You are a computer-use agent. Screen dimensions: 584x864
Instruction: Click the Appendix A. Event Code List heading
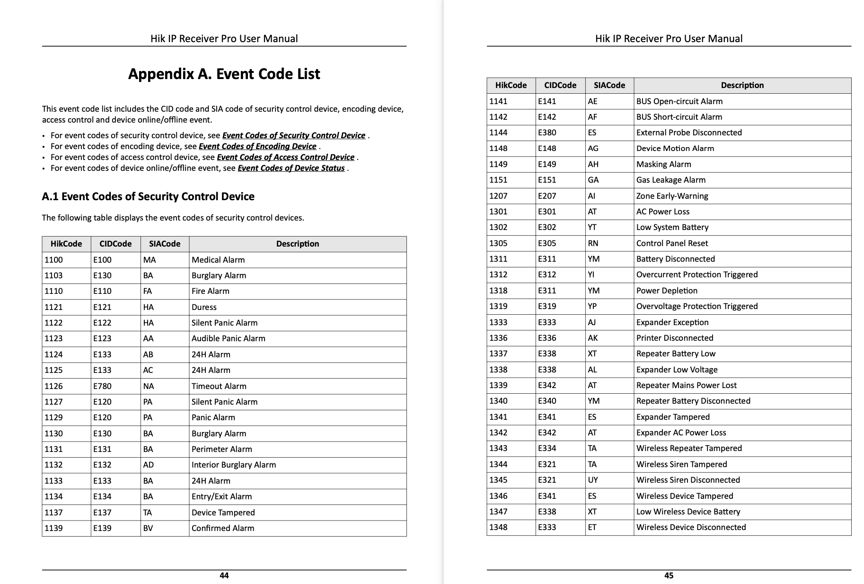pyautogui.click(x=224, y=74)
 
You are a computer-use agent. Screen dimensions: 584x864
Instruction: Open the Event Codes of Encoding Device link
pyautogui.click(x=257, y=146)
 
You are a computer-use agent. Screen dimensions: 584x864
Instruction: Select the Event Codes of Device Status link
pyautogui.click(x=291, y=168)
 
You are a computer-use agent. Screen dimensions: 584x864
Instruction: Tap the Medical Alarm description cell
pyautogui.click(x=218, y=260)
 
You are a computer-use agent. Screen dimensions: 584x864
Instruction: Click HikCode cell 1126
pyautogui.click(x=53, y=386)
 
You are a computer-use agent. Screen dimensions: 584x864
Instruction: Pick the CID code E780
pyautogui.click(x=102, y=386)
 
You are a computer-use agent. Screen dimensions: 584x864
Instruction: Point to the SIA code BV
pyautogui.click(x=148, y=528)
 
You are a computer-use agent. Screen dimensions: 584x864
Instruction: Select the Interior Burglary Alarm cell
pyautogui.click(x=234, y=465)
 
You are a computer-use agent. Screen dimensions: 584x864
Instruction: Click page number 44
pyautogui.click(x=224, y=575)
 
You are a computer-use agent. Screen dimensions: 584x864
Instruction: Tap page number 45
pyautogui.click(x=669, y=575)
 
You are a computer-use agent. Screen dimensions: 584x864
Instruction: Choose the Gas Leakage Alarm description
pyautogui.click(x=670, y=180)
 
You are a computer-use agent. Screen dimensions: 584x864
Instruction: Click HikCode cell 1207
pyautogui.click(x=498, y=196)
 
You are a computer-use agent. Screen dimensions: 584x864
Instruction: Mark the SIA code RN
pyautogui.click(x=593, y=243)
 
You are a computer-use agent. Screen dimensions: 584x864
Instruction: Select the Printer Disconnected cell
pyautogui.click(x=674, y=338)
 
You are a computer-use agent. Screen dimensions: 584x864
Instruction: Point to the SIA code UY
pyautogui.click(x=593, y=480)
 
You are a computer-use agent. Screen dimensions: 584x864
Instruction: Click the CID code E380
pyautogui.click(x=547, y=133)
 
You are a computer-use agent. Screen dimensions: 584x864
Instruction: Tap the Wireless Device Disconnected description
pyautogui.click(x=691, y=527)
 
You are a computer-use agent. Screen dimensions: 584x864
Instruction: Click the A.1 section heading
pyautogui.click(x=148, y=196)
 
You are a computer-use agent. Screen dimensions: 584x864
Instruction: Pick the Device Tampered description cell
pyautogui.click(x=223, y=513)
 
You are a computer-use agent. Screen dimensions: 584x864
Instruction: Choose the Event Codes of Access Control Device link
pyautogui.click(x=285, y=157)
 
